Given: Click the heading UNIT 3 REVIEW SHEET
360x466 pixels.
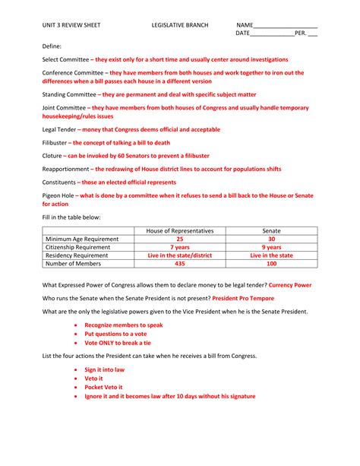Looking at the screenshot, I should click(71, 25).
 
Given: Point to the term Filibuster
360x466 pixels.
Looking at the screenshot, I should click(55, 143).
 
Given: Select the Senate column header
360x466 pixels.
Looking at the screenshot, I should click(271, 230).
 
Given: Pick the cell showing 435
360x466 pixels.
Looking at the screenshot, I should click(180, 264).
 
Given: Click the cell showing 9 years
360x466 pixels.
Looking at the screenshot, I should click(271, 247).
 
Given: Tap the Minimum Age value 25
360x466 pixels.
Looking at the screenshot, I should click(180, 239).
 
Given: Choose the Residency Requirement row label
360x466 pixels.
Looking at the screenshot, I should click(77, 255).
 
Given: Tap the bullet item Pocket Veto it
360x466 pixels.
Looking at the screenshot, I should click(105, 387).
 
